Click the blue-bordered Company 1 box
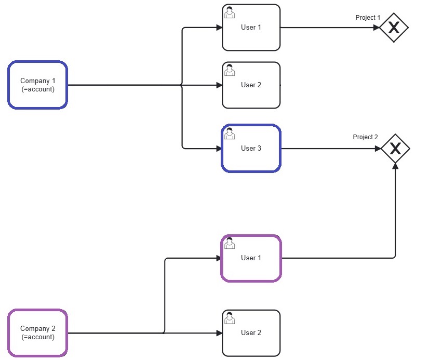pyautogui.click(x=37, y=85)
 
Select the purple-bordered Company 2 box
pyautogui.click(x=37, y=333)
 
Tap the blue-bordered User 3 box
pyautogui.click(x=251, y=149)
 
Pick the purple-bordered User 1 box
pyautogui.click(x=251, y=258)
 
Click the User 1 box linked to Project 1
pyautogui.click(x=251, y=28)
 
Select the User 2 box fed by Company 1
pyautogui.click(x=251, y=85)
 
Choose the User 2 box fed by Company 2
pyautogui.click(x=251, y=333)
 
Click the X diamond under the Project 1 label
pyautogui.click(x=394, y=28)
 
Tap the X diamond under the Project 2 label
pyautogui.click(x=395, y=149)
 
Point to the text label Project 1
pyautogui.click(x=368, y=18)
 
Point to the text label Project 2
pyautogui.click(x=365, y=137)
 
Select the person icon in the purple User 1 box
pyautogui.click(x=229, y=243)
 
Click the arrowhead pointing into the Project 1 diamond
pyautogui.click(x=376, y=28)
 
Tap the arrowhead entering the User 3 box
pyautogui.click(x=219, y=149)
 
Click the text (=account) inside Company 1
pyautogui.click(x=37, y=89)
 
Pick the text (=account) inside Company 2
pyautogui.click(x=37, y=337)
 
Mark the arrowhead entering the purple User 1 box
pyautogui.click(x=218, y=258)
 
